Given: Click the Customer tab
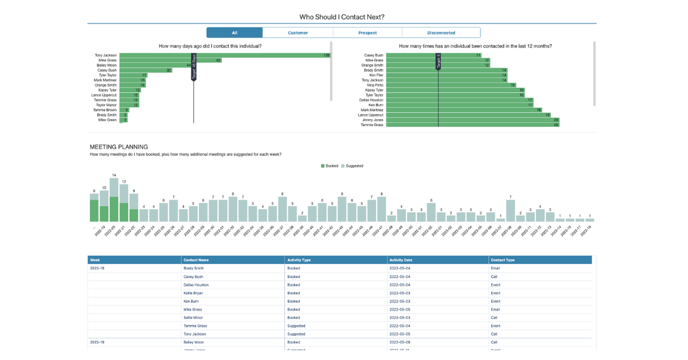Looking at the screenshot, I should tap(298, 33).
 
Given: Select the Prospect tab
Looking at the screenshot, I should tap(368, 33).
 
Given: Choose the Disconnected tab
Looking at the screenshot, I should tap(441, 33).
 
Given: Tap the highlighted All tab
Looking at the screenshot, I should tap(234, 33).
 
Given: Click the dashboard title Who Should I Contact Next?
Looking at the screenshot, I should tap(342, 17).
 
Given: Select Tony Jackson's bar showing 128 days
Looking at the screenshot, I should tap(224, 56).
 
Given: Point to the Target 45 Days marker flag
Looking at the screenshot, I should tap(194, 68).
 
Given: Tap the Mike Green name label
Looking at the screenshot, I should tap(107, 120).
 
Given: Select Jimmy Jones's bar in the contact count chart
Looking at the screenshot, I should tap(472, 120).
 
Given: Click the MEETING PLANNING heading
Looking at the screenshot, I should tap(119, 147).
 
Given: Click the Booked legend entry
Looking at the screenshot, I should tap(330, 166).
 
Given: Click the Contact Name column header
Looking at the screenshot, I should tap(197, 260).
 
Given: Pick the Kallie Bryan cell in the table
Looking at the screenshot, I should tap(194, 293).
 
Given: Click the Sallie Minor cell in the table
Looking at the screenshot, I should tap(193, 318).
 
